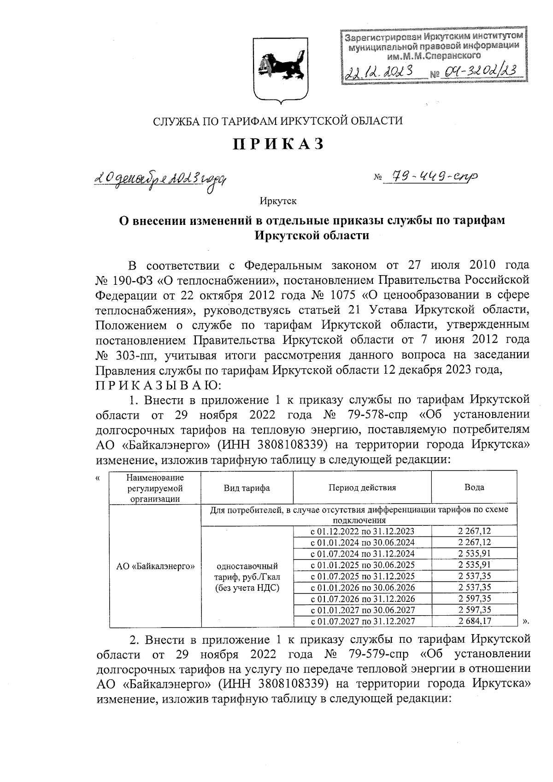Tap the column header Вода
click(x=474, y=488)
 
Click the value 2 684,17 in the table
click(x=474, y=621)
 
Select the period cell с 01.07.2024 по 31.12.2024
click(x=362, y=553)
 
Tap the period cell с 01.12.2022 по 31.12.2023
click(x=362, y=531)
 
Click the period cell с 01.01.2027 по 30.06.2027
click(x=362, y=610)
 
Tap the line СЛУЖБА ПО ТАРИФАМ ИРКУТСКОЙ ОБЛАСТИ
click(x=277, y=121)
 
